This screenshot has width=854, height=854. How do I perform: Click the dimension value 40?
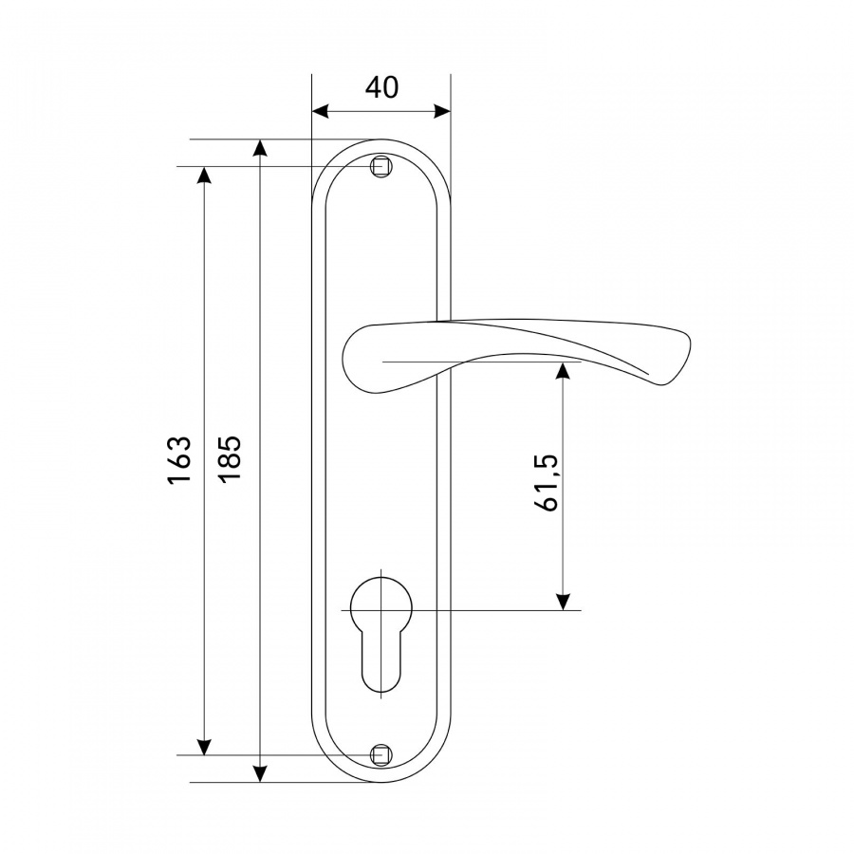tap(381, 87)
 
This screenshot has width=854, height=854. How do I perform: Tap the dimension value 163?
tap(179, 459)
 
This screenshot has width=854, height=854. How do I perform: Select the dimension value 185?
tap(230, 457)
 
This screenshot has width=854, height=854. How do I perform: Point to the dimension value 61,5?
tap(547, 481)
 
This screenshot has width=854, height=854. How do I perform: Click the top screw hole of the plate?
tap(381, 166)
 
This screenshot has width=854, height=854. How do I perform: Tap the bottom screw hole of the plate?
tap(381, 755)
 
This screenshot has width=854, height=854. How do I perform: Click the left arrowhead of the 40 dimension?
tap(321, 112)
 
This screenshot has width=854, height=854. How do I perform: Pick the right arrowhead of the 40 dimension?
tap(442, 112)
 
